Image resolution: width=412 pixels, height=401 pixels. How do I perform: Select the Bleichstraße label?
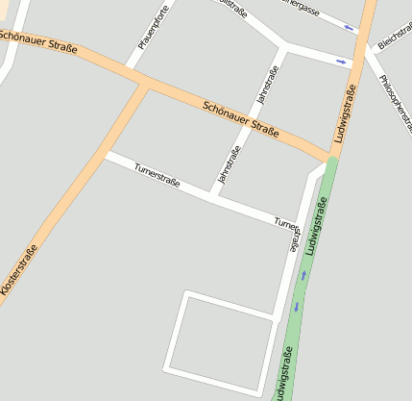(x=394, y=38)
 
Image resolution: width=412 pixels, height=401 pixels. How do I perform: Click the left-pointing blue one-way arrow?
(x=349, y=27)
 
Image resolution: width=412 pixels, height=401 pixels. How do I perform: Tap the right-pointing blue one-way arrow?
(x=341, y=63)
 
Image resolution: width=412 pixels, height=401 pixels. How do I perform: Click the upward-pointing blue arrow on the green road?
(x=303, y=275)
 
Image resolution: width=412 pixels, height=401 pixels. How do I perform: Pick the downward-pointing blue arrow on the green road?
(x=296, y=307)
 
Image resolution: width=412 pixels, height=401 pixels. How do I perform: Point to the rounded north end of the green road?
(x=331, y=162)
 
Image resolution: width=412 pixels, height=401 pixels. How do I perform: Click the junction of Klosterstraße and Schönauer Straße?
(x=146, y=85)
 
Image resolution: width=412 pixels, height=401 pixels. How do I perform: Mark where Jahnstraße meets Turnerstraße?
(x=211, y=197)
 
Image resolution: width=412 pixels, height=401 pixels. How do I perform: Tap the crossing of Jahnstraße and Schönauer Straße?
(x=254, y=125)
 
